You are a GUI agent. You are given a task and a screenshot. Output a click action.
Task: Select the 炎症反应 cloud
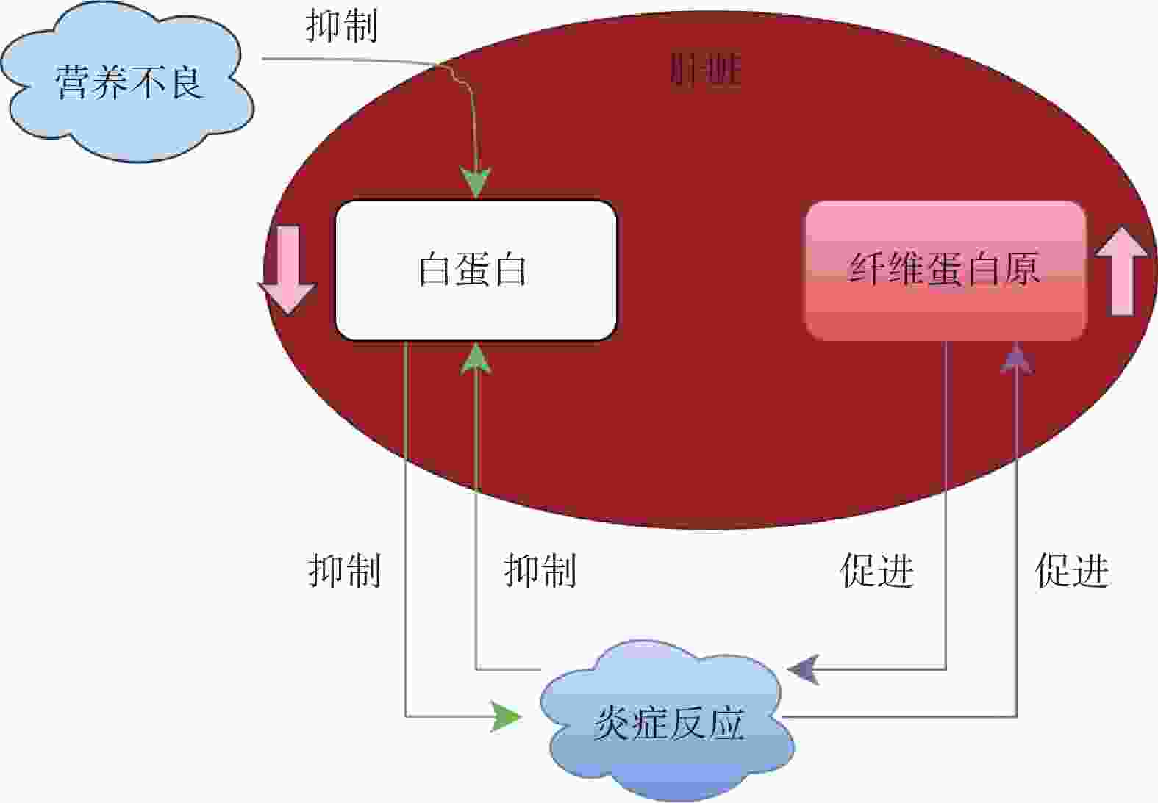point(668,720)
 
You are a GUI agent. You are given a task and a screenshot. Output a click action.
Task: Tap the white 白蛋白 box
point(475,270)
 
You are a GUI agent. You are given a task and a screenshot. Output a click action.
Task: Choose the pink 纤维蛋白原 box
point(945,270)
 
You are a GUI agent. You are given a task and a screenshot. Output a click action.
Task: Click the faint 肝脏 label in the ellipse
point(705,71)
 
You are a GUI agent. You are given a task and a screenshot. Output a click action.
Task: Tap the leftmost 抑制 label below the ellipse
point(345,571)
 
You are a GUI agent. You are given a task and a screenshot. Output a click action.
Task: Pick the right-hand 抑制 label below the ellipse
point(540,571)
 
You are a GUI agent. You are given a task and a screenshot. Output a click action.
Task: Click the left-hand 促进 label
point(876,571)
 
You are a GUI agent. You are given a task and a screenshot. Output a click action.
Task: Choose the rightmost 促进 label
point(1072,571)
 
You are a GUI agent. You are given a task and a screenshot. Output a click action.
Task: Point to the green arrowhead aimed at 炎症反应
point(506,716)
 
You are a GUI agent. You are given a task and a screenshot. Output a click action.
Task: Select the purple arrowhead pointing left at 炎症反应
point(803,669)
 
